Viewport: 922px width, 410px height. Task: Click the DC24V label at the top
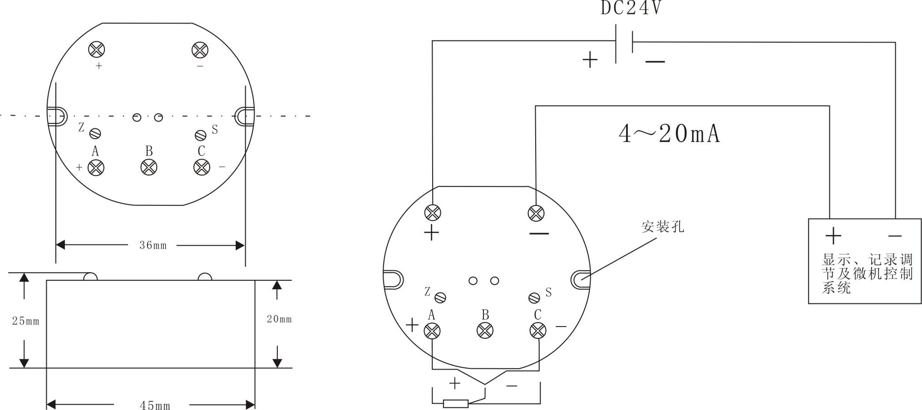coord(631,8)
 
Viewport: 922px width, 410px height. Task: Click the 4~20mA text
coord(669,134)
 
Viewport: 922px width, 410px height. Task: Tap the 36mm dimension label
coord(153,245)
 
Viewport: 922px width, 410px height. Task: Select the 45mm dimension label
coord(155,405)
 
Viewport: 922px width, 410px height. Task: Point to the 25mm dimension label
coord(25,321)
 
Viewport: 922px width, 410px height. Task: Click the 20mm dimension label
coord(279,319)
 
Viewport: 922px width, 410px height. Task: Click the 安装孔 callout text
coord(662,226)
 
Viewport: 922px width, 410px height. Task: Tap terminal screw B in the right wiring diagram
coord(485,331)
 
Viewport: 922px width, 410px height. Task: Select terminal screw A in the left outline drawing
coord(96,167)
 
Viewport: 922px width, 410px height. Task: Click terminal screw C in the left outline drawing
coord(202,167)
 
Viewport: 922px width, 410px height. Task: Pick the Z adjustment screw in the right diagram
coord(440,298)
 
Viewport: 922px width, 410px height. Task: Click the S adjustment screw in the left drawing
coord(201,135)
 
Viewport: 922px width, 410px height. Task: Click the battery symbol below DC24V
coord(624,44)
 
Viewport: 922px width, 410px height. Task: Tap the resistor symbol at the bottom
coord(455,403)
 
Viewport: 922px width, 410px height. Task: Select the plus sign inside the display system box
coord(833,235)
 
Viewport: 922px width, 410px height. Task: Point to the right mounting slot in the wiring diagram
coord(580,279)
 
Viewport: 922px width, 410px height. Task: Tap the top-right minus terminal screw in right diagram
coord(536,213)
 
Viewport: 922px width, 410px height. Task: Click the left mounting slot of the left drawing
coord(57,116)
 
